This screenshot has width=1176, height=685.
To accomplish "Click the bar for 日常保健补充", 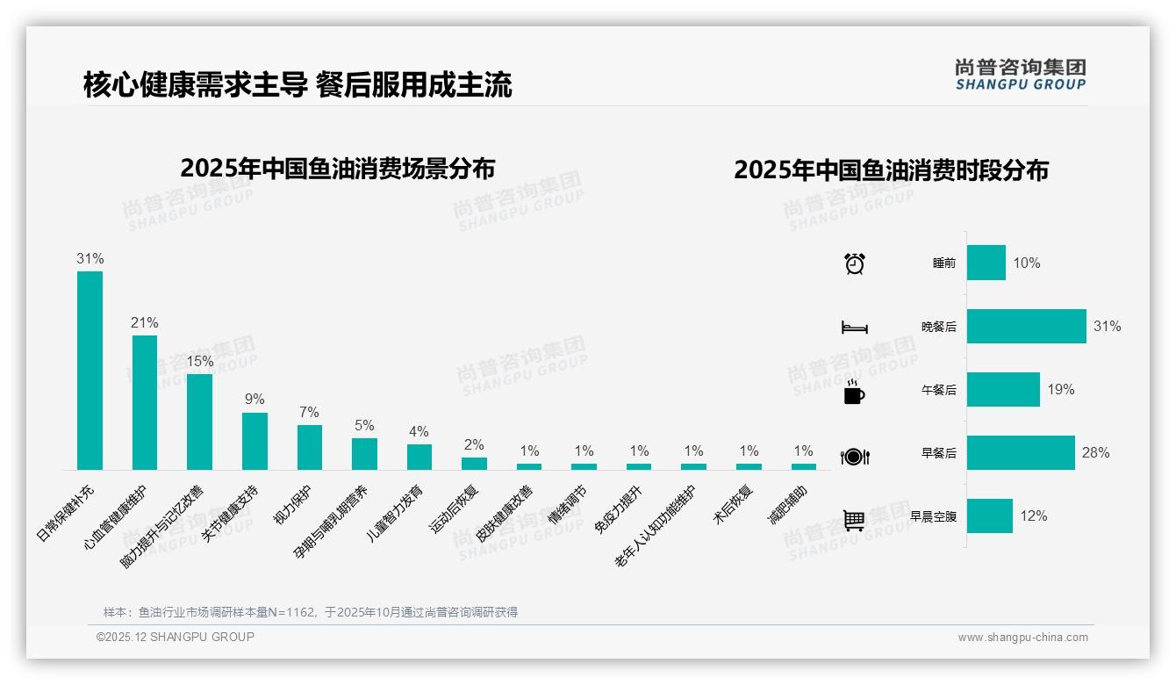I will (x=90, y=370).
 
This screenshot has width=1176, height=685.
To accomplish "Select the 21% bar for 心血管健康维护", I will (x=145, y=402).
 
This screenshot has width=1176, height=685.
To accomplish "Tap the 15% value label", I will (x=199, y=361).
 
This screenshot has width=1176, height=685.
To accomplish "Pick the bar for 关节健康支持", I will (x=255, y=441).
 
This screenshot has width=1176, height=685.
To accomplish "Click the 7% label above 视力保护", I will (x=309, y=412).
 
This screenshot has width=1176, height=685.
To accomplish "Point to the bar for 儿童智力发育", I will (x=419, y=457).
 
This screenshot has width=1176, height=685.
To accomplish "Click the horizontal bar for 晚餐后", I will (x=1026, y=326).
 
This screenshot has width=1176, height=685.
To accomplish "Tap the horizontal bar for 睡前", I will (x=986, y=263).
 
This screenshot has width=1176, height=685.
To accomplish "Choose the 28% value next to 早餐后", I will (x=1095, y=452).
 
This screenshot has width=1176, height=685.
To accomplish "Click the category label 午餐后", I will (x=938, y=390).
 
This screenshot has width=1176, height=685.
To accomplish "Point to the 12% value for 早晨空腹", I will (x=1033, y=516).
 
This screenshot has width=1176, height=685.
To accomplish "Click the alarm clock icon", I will (x=855, y=263).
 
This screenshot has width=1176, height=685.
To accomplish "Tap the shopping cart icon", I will (x=854, y=520).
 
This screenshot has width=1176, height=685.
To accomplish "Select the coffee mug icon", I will (x=854, y=393).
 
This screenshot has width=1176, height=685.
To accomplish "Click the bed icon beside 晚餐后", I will (x=854, y=328).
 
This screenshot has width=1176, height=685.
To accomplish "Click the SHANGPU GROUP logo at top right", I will (x=1020, y=75).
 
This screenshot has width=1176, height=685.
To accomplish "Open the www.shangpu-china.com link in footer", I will (x=1022, y=638).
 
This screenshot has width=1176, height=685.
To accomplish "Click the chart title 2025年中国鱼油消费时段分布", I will (x=891, y=170).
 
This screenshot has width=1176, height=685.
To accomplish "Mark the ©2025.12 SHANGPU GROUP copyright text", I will (x=175, y=637).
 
